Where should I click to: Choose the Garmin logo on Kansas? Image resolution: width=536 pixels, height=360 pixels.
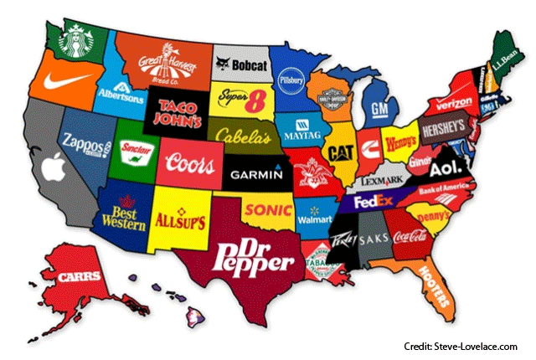tap(257, 176)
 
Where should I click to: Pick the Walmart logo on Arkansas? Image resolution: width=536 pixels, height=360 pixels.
tap(313, 219)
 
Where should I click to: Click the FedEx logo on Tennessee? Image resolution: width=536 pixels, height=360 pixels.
tap(374, 202)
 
